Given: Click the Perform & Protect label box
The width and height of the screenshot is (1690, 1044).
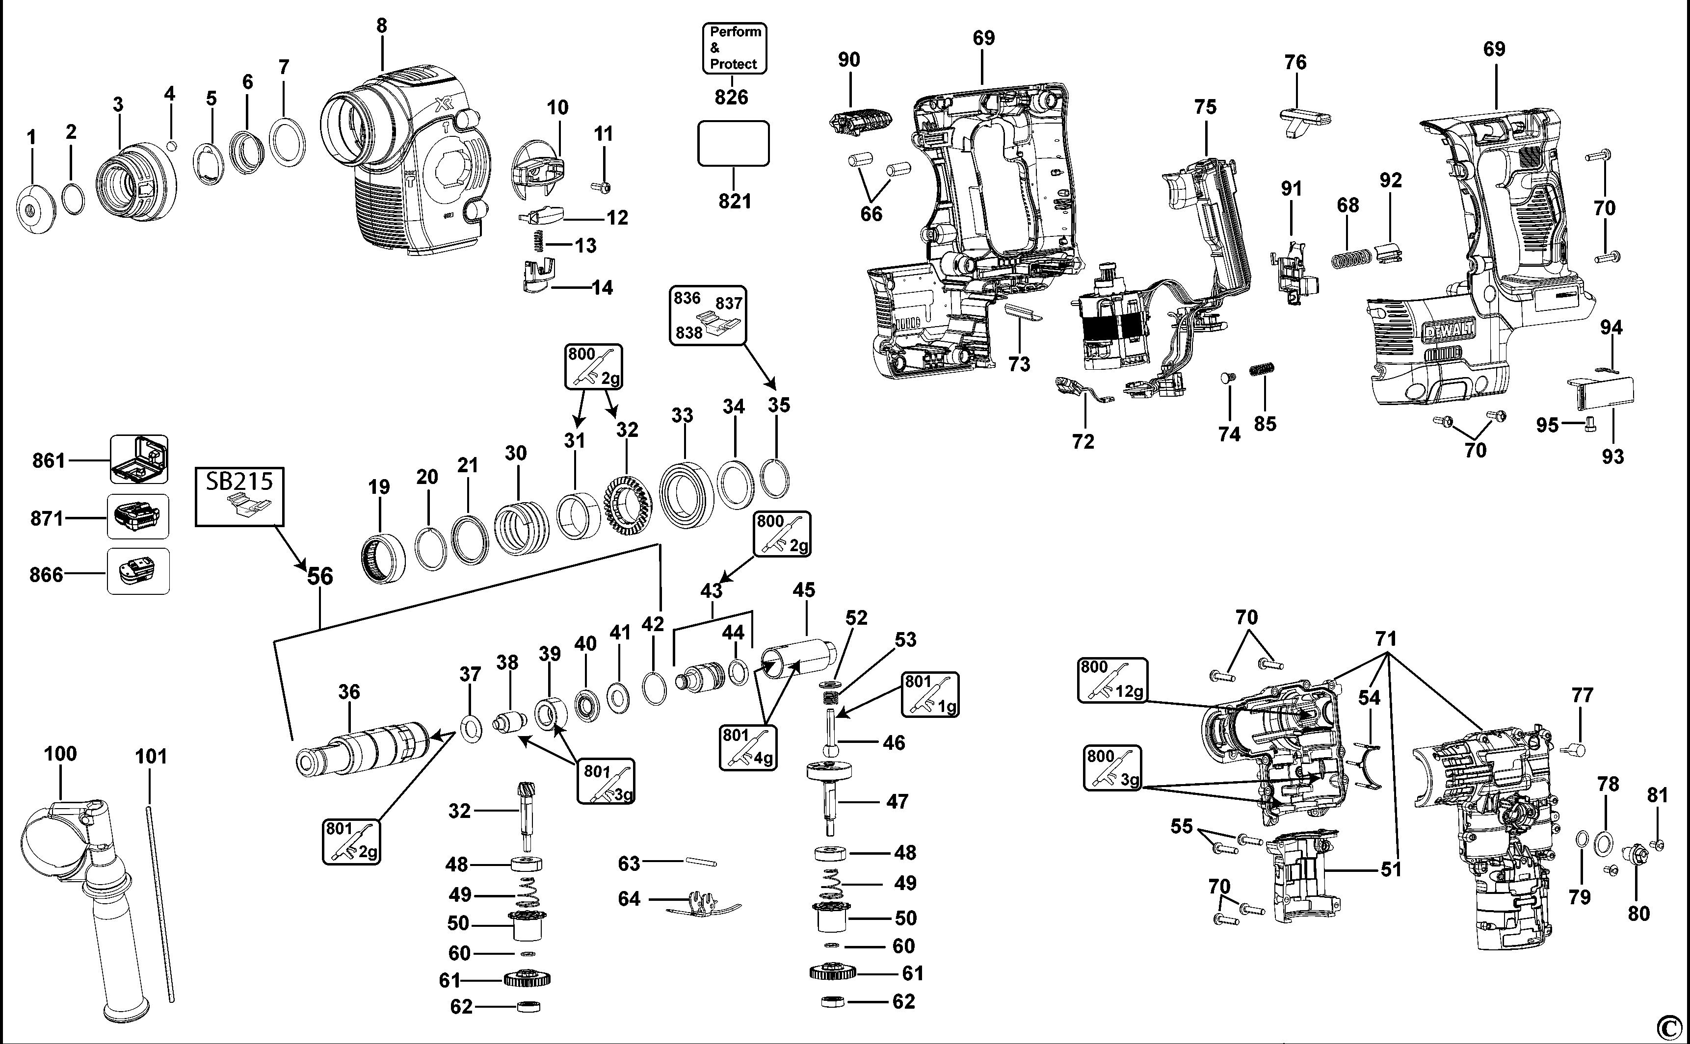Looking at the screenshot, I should pyautogui.click(x=735, y=48).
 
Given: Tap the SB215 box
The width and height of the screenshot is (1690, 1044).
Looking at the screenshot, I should pyautogui.click(x=239, y=496).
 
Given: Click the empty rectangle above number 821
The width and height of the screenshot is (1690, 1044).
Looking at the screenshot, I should pyautogui.click(x=733, y=144).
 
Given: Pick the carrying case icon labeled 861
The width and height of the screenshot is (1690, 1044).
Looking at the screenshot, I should pyautogui.click(x=139, y=459).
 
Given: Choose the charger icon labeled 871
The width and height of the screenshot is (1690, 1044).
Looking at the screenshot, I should pyautogui.click(x=137, y=516).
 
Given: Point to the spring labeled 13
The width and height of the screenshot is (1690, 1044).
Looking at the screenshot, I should pyautogui.click(x=541, y=242).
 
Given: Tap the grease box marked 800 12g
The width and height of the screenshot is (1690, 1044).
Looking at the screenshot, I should pyautogui.click(x=1112, y=680).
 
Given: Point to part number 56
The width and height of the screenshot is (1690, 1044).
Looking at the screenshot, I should pyautogui.click(x=320, y=576).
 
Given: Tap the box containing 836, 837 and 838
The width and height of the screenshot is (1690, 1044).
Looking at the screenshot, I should pyautogui.click(x=708, y=315).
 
